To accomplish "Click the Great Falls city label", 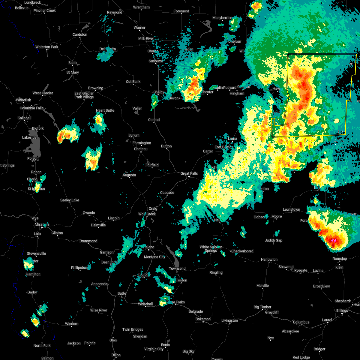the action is (189, 173).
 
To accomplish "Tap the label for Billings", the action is (342, 310).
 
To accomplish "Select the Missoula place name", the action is (42, 225).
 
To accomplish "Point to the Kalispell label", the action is (24, 118).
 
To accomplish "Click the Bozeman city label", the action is (203, 319).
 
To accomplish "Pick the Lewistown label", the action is (291, 209).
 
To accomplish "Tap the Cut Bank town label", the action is (133, 82).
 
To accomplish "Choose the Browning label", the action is (96, 88).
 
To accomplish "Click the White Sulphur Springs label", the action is (211, 249).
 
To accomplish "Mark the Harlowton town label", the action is (269, 259).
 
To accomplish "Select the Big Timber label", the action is (262, 307).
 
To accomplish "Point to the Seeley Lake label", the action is (70, 200).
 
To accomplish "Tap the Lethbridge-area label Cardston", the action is (80, 34).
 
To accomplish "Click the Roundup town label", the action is (340, 259).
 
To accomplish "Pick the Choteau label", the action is (141, 149).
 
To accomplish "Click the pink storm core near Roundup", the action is (333, 241).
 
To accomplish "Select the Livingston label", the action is (229, 320).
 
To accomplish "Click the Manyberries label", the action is (222, 18).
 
